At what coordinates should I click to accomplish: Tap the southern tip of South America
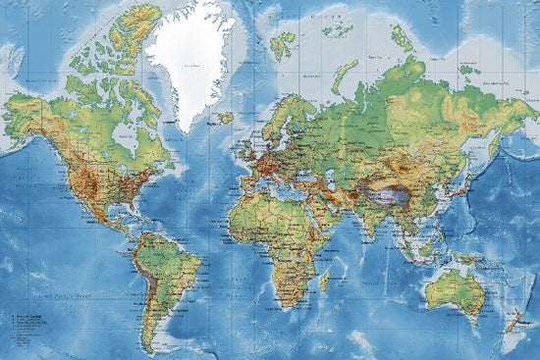(154, 347)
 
